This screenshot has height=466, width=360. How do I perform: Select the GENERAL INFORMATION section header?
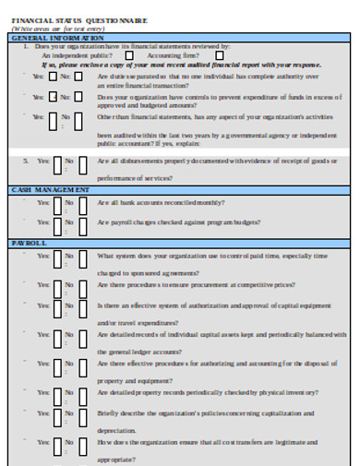(x=52, y=37)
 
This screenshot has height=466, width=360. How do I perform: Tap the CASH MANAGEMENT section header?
(x=50, y=189)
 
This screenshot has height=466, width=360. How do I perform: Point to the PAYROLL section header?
(x=28, y=241)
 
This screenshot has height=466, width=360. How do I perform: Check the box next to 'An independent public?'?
(x=128, y=55)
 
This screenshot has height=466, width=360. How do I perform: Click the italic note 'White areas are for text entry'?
(x=47, y=29)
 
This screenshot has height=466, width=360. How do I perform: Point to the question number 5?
(x=25, y=161)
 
